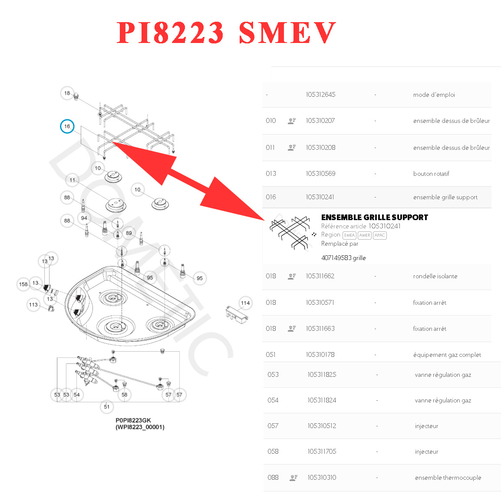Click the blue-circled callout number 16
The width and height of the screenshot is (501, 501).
click(67, 126)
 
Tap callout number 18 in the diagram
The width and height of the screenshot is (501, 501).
click(67, 93)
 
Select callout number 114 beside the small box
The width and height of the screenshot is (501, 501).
click(245, 303)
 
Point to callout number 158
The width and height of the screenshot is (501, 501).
click(23, 284)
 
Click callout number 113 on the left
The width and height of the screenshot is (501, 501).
click(33, 305)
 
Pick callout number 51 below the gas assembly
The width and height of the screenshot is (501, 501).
click(107, 407)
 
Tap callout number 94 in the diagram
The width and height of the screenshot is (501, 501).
click(84, 218)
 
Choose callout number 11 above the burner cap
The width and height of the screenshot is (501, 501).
click(72, 180)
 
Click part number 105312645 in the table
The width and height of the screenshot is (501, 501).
click(320, 95)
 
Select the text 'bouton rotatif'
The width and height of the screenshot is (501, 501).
click(431, 174)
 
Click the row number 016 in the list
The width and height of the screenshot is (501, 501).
click(271, 197)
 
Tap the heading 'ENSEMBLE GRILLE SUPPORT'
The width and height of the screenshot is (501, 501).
click(375, 218)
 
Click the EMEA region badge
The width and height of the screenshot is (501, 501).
click(349, 235)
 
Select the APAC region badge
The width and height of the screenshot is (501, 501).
click(380, 235)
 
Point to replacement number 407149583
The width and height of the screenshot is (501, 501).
click(336, 258)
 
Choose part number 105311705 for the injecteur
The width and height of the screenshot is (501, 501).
click(322, 452)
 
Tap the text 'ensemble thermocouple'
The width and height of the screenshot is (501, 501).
click(448, 478)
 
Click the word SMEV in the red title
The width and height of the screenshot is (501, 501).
click(287, 33)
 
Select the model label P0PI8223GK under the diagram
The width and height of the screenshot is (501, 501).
click(133, 420)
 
